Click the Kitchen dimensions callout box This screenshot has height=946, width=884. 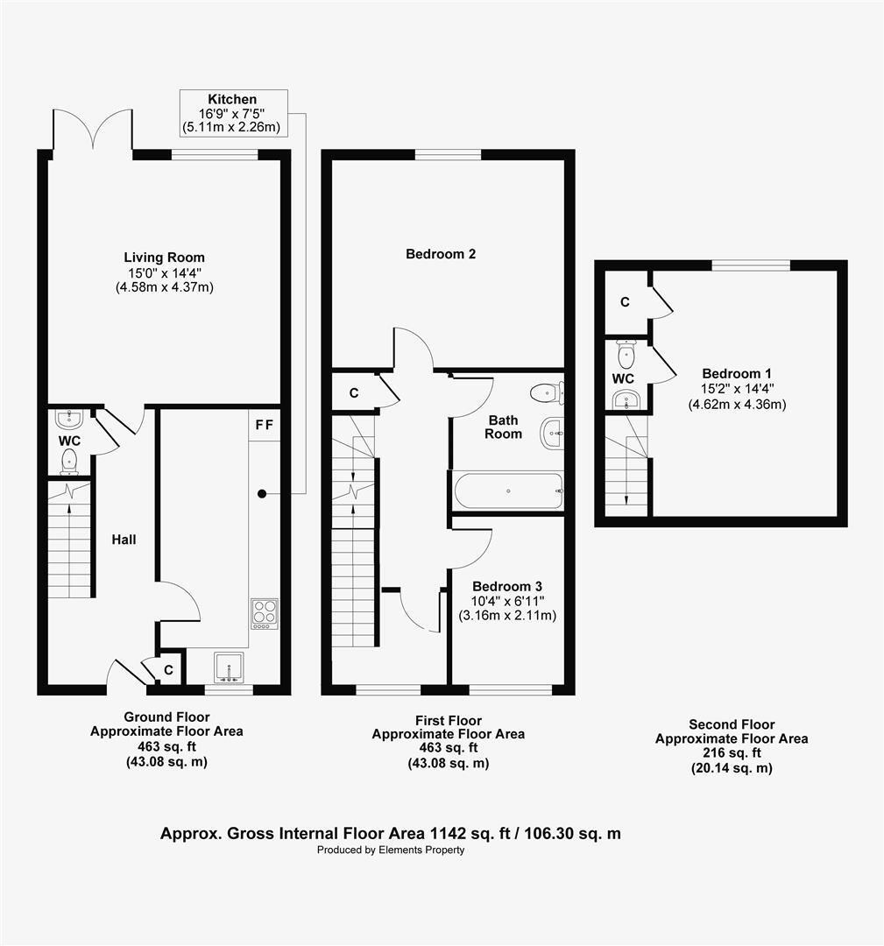pos(232,113)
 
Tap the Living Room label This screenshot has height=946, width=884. pos(164,258)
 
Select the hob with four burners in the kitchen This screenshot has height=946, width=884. pos(265,612)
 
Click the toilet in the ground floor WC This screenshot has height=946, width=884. pos(70,461)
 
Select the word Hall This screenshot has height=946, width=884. pos(124,540)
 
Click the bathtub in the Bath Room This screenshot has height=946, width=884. pos(508,491)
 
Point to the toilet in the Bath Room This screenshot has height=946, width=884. pos(548,392)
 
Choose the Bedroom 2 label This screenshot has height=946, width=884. pos(441,254)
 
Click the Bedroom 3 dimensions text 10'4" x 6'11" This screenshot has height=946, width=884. pos(501,601)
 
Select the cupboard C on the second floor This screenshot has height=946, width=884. pos(625,302)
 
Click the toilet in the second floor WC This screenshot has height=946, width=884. pos(626,355)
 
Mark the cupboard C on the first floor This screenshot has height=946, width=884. pos(354,393)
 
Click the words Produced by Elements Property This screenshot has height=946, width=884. pos(391,850)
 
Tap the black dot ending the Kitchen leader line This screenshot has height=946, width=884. pos(261,494)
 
